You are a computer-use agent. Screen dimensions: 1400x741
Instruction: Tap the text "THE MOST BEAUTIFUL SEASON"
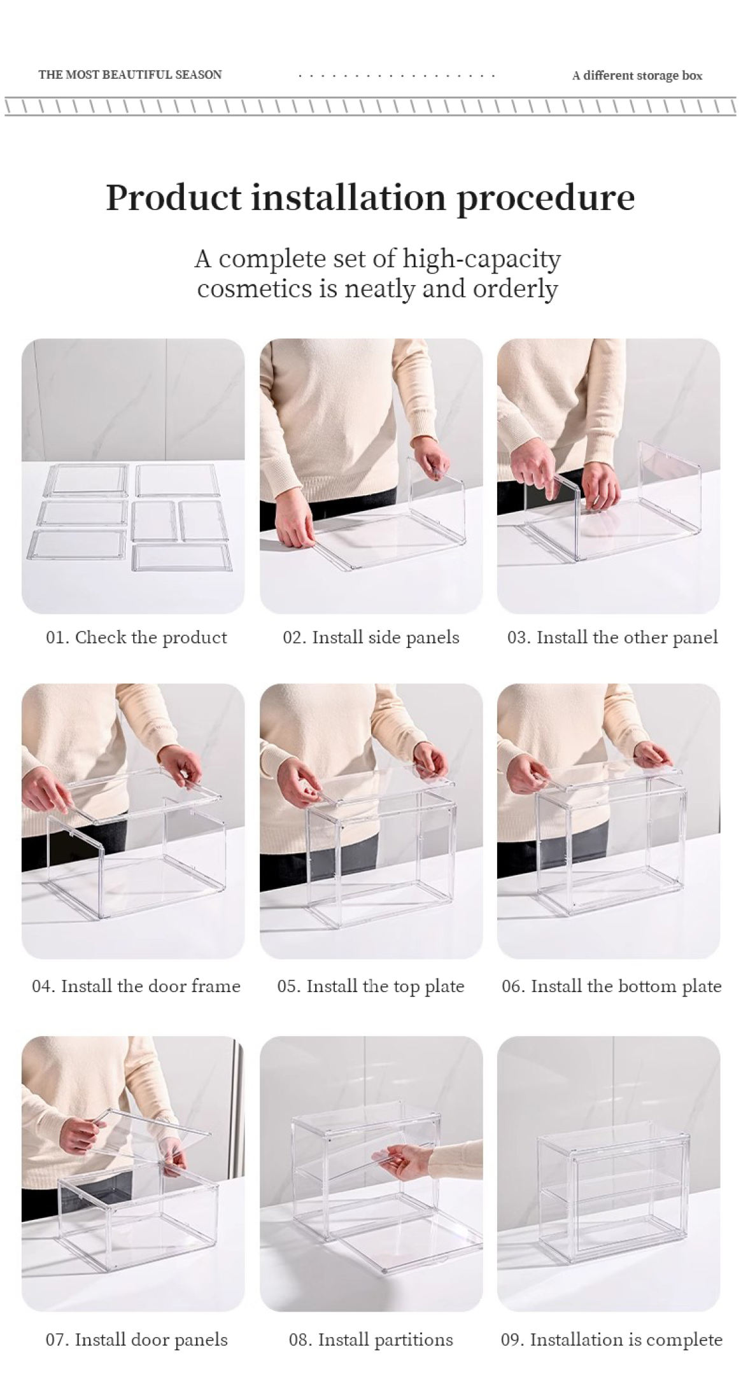[130, 74]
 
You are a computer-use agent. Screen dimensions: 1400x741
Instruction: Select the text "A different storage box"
[637, 76]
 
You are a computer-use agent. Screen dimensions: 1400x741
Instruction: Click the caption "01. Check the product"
[136, 638]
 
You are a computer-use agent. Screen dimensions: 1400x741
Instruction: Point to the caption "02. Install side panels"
[370, 638]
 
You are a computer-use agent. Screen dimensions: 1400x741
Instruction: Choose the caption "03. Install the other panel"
[612, 638]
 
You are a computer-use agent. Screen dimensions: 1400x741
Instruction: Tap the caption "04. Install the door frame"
[136, 986]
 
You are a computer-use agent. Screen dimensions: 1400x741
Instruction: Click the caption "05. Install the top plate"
[370, 986]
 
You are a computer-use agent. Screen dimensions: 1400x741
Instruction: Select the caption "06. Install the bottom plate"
[611, 986]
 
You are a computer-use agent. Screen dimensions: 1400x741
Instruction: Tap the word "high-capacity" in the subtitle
[481, 259]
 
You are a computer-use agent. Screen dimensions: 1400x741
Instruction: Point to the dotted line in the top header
[397, 76]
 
